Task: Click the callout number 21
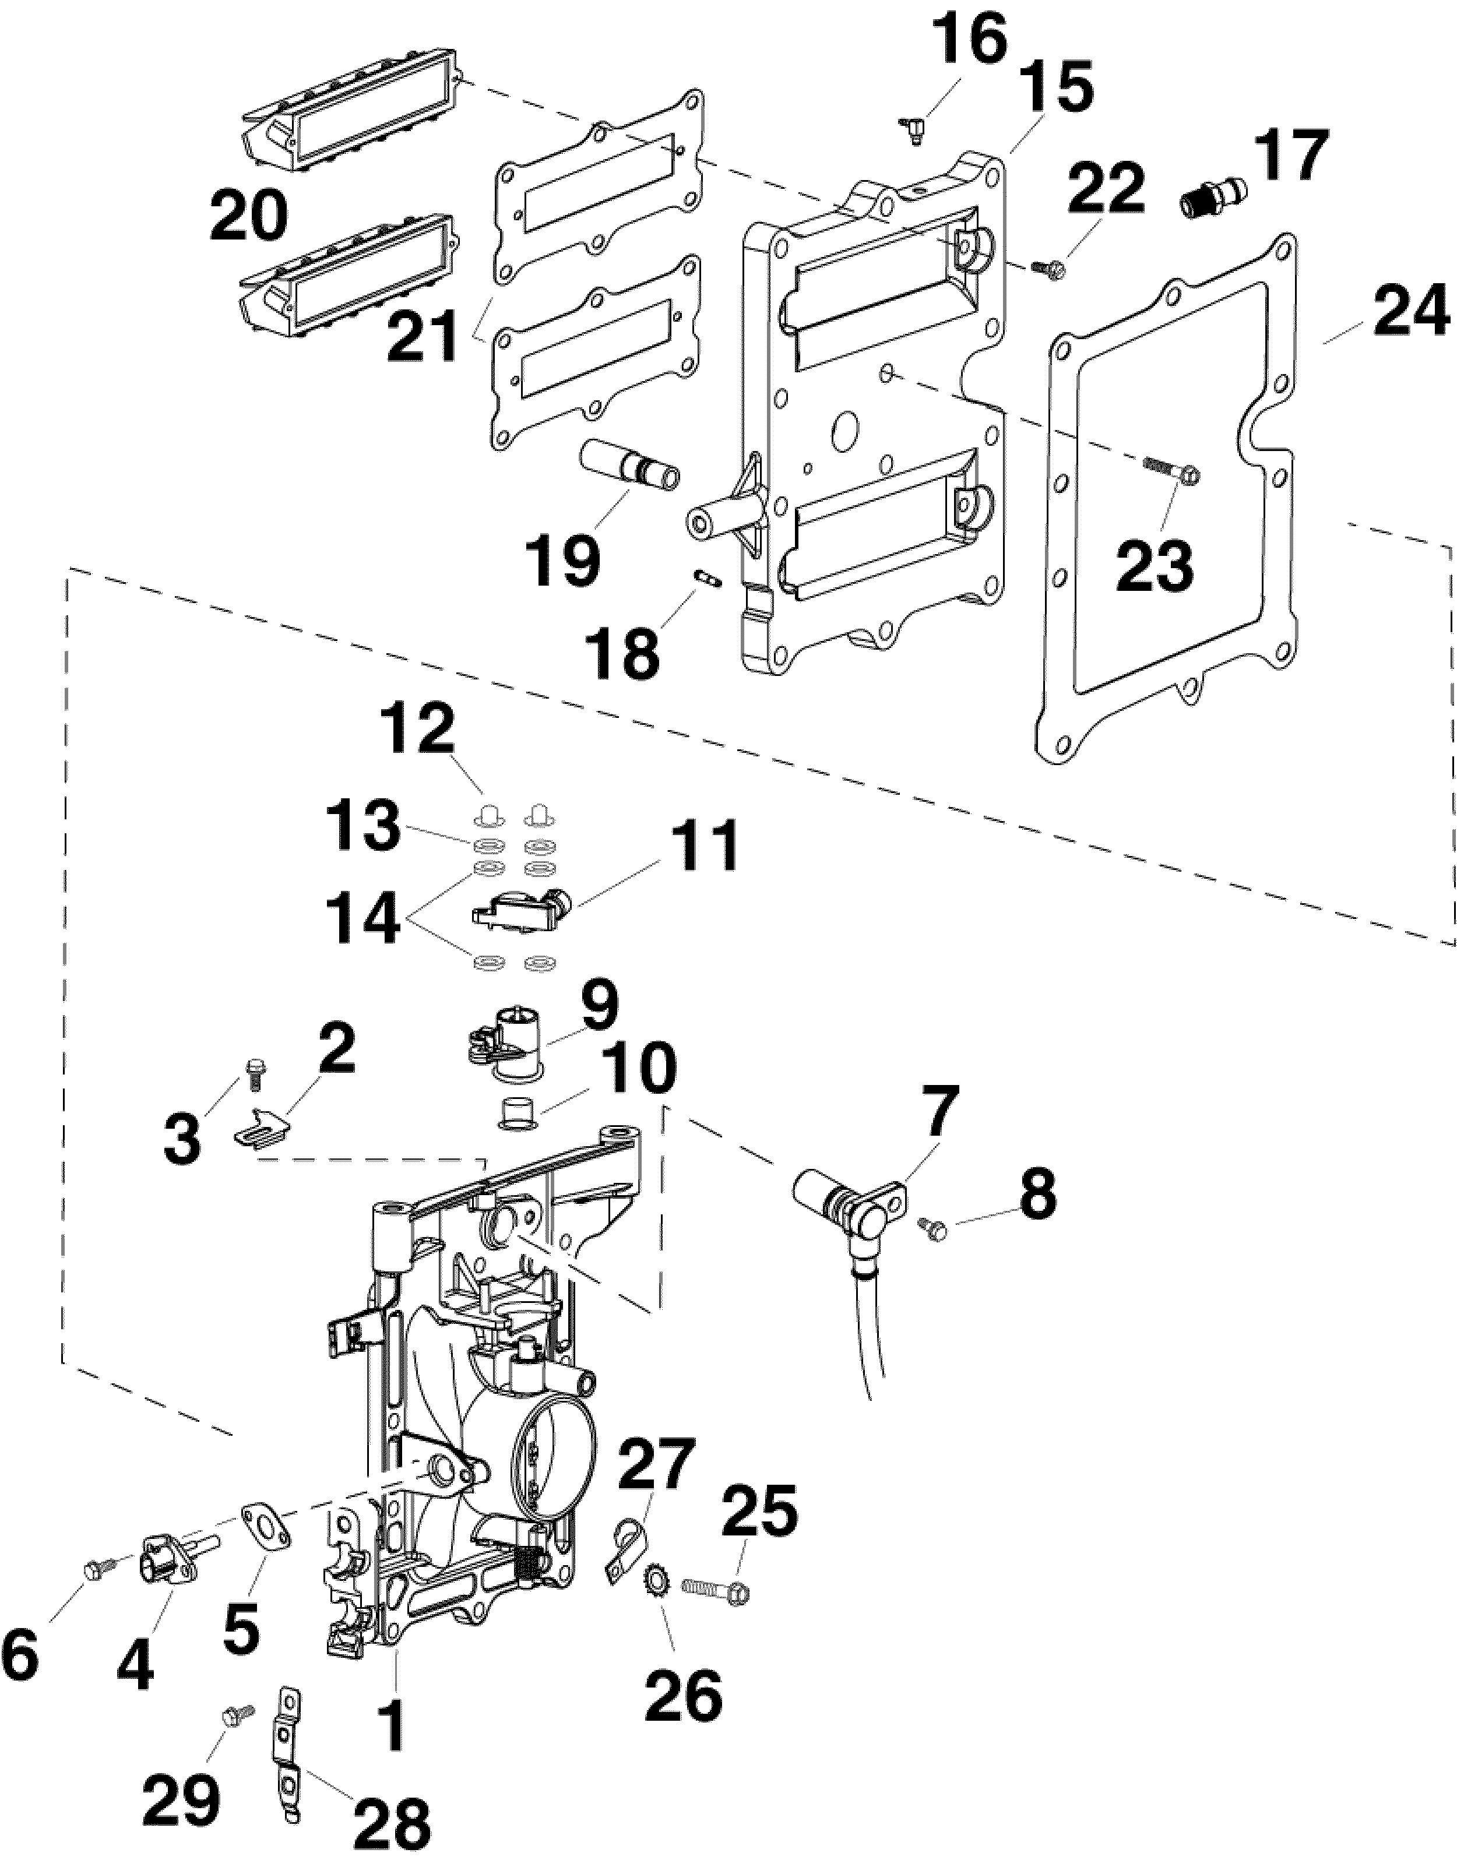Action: point(425,336)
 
